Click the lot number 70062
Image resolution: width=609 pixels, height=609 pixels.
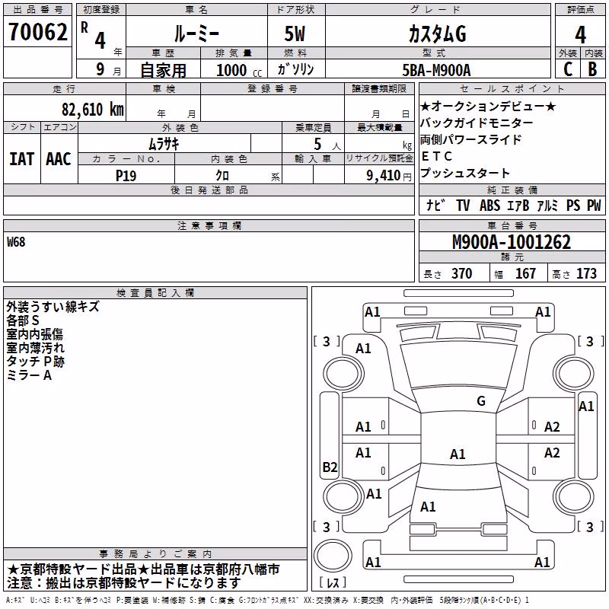(x=38, y=32)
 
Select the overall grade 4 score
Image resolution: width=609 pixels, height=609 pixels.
(x=580, y=35)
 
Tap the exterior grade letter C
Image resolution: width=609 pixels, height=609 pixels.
(x=568, y=69)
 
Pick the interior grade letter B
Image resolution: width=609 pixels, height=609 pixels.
(x=593, y=69)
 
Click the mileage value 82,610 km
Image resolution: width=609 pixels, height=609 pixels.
(x=93, y=110)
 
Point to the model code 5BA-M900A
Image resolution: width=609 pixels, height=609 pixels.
(x=436, y=70)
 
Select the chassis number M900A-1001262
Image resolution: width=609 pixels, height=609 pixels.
(x=512, y=242)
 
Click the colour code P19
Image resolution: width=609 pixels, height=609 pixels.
(x=126, y=176)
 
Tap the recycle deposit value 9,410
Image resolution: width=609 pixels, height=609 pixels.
(x=383, y=176)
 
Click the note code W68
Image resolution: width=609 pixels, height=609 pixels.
(x=16, y=242)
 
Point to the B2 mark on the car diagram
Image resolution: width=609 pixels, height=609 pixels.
(x=330, y=467)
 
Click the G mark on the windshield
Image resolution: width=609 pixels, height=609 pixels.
(x=481, y=401)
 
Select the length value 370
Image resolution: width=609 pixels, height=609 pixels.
(x=461, y=273)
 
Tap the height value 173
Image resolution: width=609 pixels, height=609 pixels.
(x=586, y=273)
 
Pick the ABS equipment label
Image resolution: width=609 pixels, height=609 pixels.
(x=489, y=206)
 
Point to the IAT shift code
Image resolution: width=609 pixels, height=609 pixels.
(x=21, y=159)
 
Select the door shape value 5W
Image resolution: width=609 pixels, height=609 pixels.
(x=295, y=33)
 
